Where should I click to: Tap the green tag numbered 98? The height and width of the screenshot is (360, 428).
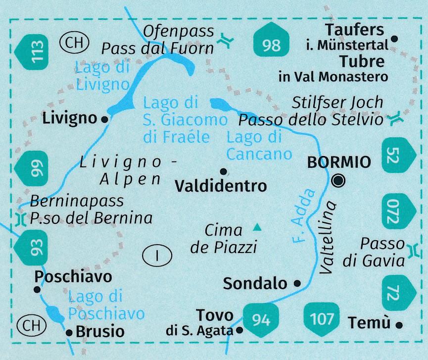coord(272,43)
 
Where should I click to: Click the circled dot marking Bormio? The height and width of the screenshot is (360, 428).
coord(339,181)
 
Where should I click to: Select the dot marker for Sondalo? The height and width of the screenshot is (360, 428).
coord(297,284)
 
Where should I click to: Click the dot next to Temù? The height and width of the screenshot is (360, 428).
coord(399,325)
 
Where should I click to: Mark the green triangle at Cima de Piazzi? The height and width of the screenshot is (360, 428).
coord(257,228)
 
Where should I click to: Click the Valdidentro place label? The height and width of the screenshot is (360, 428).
coord(221,186)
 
